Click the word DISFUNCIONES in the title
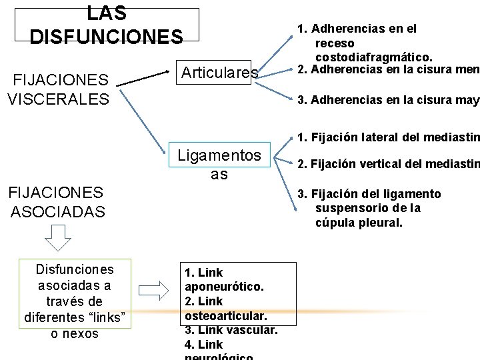[106, 36]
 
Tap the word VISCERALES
[58, 99]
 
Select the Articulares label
[219, 73]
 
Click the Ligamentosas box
[219, 164]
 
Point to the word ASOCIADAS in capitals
[58, 212]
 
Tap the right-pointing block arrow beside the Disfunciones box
[156, 291]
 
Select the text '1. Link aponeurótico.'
[224, 279]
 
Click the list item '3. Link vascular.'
[231, 329]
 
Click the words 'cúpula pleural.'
[359, 223]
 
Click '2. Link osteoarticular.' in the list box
[225, 308]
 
